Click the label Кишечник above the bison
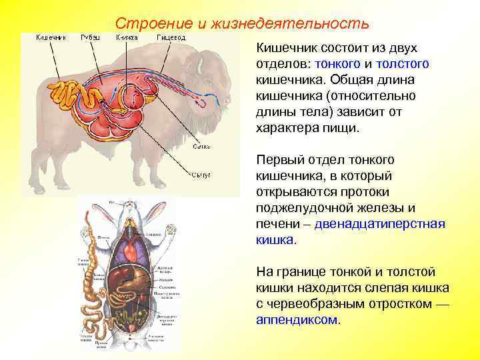click(51, 38)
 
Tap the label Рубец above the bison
click(91, 38)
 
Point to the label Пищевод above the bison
click(171, 38)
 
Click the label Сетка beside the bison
click(202, 146)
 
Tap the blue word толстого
click(402, 64)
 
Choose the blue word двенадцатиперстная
click(379, 224)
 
